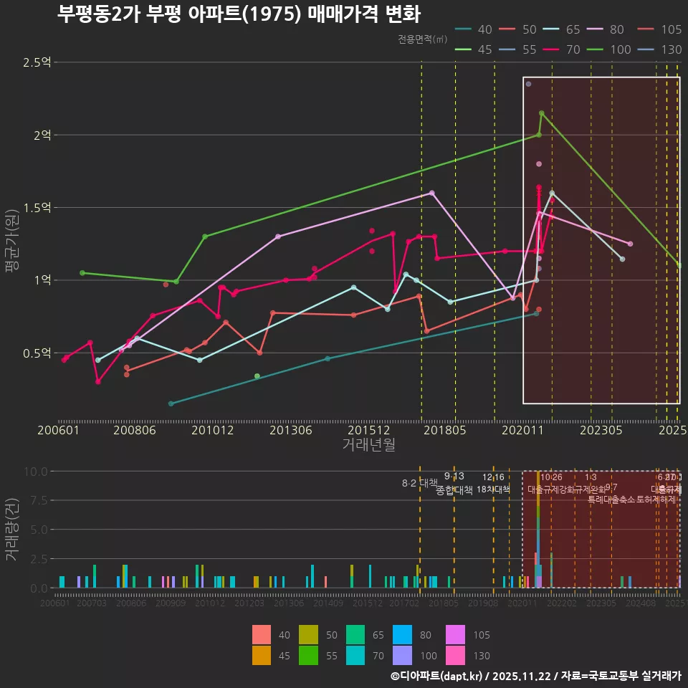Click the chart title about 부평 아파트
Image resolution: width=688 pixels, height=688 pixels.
(x=238, y=14)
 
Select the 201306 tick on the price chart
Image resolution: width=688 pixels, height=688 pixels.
(x=290, y=430)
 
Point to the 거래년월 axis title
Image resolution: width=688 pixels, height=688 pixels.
(x=368, y=445)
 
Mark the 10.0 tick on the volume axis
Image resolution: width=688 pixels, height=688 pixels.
(x=36, y=472)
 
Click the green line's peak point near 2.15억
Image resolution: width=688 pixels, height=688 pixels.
(x=541, y=113)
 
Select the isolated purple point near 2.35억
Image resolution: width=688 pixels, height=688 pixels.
(x=528, y=84)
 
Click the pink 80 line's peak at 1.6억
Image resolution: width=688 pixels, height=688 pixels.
(x=432, y=193)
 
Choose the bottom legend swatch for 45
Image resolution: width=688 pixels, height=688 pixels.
(x=262, y=655)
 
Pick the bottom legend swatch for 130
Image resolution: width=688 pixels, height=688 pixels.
(x=456, y=655)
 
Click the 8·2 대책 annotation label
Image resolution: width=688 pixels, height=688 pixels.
(x=419, y=482)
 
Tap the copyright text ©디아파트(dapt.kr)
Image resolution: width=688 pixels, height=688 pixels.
(x=436, y=676)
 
